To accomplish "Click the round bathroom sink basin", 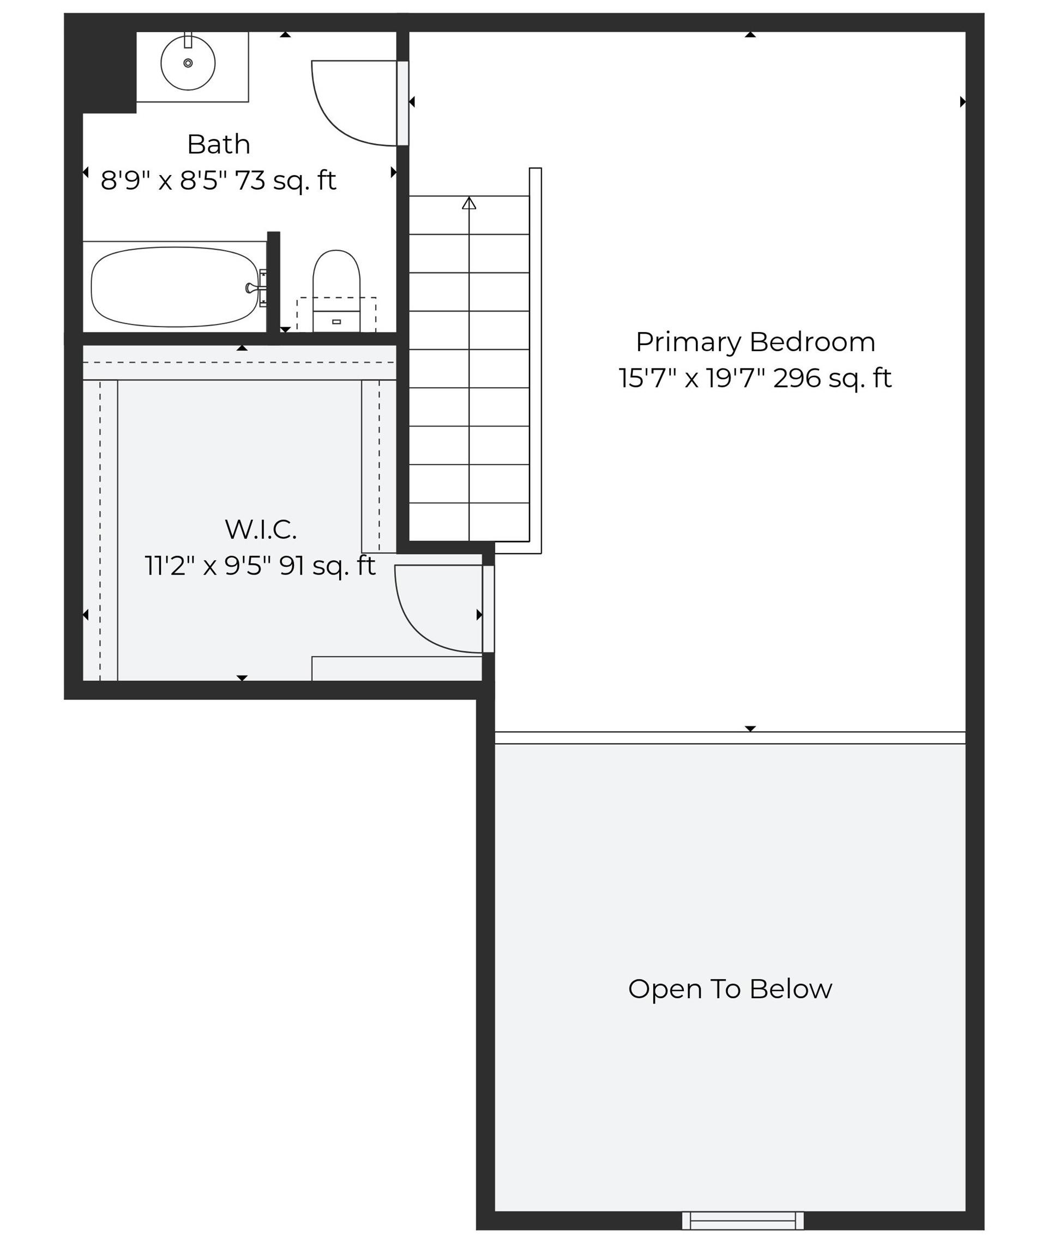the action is click(188, 63).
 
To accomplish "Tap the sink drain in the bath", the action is click(188, 63).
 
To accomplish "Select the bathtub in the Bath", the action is click(174, 287).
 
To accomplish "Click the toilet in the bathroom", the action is click(336, 291).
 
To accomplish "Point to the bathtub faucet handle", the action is click(251, 288).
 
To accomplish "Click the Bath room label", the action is click(218, 144).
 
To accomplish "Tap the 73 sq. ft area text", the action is click(285, 180).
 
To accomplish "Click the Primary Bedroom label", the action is click(755, 342).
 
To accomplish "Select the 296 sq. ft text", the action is click(832, 378).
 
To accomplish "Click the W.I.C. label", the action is click(260, 529).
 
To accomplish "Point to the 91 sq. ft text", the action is click(327, 566).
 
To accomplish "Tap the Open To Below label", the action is click(730, 989).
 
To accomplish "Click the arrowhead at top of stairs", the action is click(469, 203).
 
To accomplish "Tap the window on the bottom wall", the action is click(743, 1220).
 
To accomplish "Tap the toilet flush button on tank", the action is click(336, 322).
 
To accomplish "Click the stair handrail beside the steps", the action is click(535, 361).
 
